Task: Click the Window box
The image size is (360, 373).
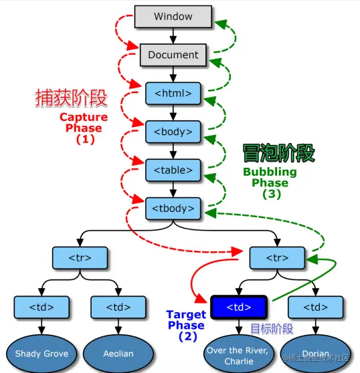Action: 173,16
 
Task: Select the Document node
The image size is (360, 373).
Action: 173,55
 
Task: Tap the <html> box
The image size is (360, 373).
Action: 173,93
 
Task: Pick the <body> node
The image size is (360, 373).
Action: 173,132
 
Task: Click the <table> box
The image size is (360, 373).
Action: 173,170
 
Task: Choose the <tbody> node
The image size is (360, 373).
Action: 173,209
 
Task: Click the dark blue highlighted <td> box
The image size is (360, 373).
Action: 239,307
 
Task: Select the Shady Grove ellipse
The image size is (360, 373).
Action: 41,353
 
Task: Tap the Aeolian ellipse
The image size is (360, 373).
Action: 118,353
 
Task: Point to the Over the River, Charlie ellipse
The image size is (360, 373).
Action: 239,354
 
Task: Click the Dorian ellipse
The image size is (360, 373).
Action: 315,353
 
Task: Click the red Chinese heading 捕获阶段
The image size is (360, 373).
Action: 71,99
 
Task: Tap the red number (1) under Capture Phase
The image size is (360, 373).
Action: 84,140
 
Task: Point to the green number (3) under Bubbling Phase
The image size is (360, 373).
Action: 270,195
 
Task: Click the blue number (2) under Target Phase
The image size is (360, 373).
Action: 186,338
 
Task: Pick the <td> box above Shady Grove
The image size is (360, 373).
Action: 41,307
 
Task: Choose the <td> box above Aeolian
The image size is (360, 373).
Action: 118,307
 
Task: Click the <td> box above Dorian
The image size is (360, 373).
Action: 315,307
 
